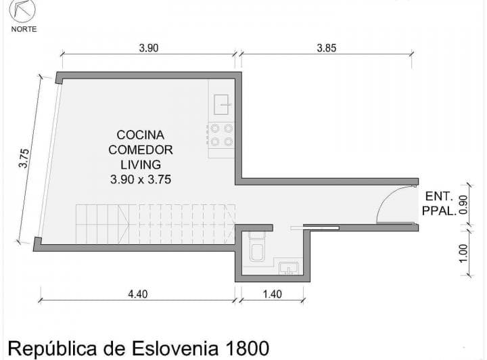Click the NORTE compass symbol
[x=22, y=10]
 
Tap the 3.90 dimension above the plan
[x=149, y=48]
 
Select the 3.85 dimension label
[x=327, y=48]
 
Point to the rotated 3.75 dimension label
[x=24, y=158]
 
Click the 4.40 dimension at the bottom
[x=138, y=294]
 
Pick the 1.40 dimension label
[x=273, y=294]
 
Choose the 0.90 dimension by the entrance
[x=463, y=204]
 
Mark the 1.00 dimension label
[x=463, y=254]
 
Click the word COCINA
[x=141, y=135]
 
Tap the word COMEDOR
[x=141, y=150]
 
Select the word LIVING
[x=141, y=164]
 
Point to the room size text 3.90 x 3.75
[x=141, y=179]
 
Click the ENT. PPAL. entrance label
[x=439, y=204]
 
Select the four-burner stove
[x=221, y=135]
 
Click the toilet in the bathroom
[x=257, y=246]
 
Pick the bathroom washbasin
[x=289, y=269]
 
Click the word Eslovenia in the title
[x=175, y=348]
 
